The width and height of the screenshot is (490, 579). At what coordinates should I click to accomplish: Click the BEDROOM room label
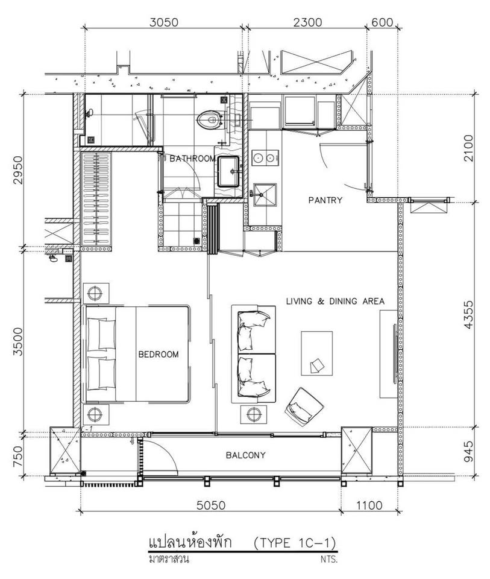pyautogui.click(x=159, y=355)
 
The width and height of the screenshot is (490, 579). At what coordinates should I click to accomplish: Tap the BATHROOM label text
pyautogui.click(x=193, y=159)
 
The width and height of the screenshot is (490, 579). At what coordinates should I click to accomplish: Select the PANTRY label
pyautogui.click(x=325, y=200)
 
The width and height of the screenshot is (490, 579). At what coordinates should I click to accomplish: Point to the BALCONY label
pyautogui.click(x=245, y=455)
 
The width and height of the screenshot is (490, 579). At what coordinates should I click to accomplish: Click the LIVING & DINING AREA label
pyautogui.click(x=335, y=302)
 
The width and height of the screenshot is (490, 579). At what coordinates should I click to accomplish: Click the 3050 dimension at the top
pyautogui.click(x=164, y=22)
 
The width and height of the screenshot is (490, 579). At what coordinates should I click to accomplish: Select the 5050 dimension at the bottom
pyautogui.click(x=211, y=505)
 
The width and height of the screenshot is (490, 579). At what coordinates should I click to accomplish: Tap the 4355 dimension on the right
pyautogui.click(x=468, y=315)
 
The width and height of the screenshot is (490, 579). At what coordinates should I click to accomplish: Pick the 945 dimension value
pyautogui.click(x=468, y=451)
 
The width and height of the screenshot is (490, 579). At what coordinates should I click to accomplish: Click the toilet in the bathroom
pyautogui.click(x=210, y=120)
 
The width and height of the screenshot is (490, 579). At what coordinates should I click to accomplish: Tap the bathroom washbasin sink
pyautogui.click(x=228, y=172)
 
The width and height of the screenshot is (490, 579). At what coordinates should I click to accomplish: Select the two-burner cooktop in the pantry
pyautogui.click(x=265, y=158)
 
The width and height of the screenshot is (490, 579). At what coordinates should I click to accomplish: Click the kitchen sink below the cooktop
pyautogui.click(x=265, y=194)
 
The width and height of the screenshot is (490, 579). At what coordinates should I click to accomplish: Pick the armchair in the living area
pyautogui.click(x=304, y=407)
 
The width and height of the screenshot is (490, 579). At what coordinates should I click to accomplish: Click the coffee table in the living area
pyautogui.click(x=316, y=353)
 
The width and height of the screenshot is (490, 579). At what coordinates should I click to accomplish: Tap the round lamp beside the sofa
pyautogui.click(x=254, y=414)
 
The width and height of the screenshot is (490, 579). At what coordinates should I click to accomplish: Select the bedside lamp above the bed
pyautogui.click(x=96, y=293)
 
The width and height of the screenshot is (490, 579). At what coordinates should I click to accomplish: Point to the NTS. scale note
pyautogui.click(x=329, y=559)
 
